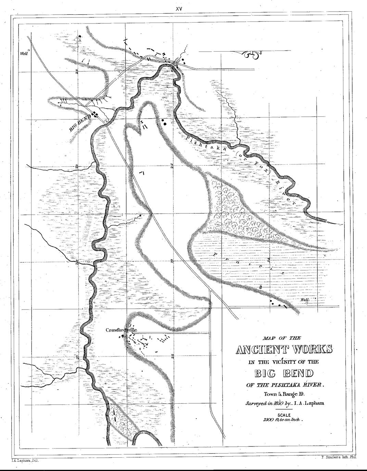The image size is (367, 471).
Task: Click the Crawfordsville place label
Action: click(x=121, y=330)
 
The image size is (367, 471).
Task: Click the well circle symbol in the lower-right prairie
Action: click(x=307, y=303)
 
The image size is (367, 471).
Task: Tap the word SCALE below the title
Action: click(x=284, y=415)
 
